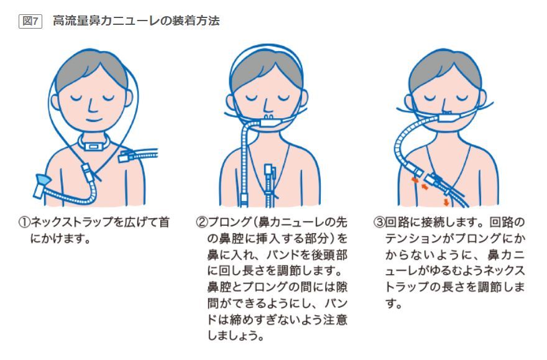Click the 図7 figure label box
[30, 21]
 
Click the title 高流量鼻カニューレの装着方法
[136, 21]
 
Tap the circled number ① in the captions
[24, 222]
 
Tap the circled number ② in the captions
[201, 222]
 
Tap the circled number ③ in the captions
[379, 222]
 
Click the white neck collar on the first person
[93, 144]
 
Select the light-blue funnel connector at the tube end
[42, 181]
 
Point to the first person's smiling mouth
[94, 121]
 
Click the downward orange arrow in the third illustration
[446, 202]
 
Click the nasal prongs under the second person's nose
[268, 117]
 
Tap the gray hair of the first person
[91, 70]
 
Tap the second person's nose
[267, 105]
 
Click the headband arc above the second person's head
[267, 45]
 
